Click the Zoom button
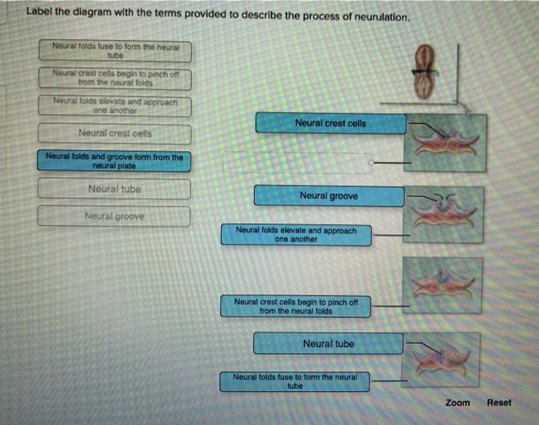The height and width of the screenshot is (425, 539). (457, 403)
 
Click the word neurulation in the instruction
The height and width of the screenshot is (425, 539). (382, 17)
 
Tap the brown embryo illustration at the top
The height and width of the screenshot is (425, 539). (425, 71)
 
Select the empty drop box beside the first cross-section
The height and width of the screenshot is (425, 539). (297, 162)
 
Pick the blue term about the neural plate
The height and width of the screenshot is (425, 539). (114, 161)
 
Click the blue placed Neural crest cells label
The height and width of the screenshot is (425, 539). (330, 123)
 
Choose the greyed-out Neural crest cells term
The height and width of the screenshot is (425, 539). (115, 133)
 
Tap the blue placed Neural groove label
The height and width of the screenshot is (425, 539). (329, 196)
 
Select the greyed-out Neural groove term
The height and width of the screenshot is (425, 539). (114, 216)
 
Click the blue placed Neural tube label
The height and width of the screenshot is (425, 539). (328, 343)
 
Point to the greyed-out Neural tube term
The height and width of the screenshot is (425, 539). (114, 189)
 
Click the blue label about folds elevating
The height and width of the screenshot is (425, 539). (296, 235)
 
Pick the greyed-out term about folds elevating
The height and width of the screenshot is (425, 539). (115, 106)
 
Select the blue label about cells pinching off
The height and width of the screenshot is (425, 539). (296, 306)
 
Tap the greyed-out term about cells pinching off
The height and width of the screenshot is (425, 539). (115, 78)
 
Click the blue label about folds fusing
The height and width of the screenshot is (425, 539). (295, 381)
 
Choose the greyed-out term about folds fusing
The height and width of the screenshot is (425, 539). (115, 51)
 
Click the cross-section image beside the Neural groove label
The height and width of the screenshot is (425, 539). (444, 215)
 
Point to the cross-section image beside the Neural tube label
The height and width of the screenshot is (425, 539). (440, 360)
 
